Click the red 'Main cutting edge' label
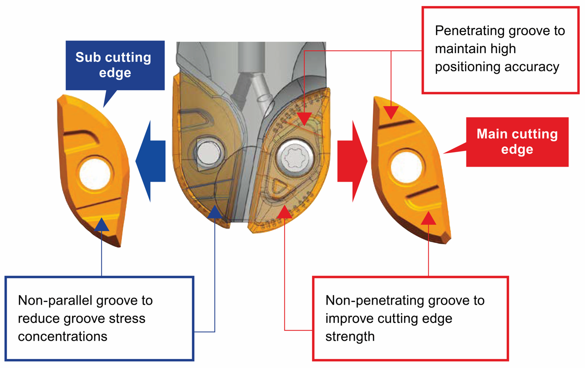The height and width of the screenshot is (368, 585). tap(517, 141)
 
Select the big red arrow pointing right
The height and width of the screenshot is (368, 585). tap(352, 161)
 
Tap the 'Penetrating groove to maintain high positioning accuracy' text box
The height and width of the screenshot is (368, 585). tap(500, 49)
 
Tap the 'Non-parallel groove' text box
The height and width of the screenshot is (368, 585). tap(99, 318)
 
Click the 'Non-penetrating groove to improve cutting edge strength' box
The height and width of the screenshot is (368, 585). tap(410, 318)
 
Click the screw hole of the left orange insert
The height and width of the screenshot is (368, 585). tap(95, 174)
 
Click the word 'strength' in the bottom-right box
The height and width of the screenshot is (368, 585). tap(350, 337)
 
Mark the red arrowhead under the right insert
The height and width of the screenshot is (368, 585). tap(428, 218)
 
